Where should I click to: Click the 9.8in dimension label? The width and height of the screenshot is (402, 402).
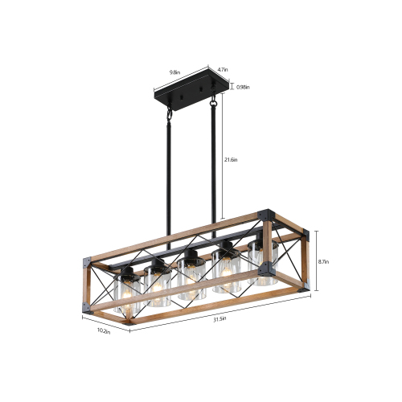[x=174, y=72]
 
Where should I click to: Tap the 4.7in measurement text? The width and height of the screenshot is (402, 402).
[x=223, y=71]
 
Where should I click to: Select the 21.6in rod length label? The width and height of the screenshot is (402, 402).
[x=232, y=159]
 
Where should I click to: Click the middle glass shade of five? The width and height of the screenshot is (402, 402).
[x=190, y=278]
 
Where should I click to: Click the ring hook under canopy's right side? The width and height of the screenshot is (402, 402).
[x=215, y=103]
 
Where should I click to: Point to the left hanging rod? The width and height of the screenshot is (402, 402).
[x=170, y=177]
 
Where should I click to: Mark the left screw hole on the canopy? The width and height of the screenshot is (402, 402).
[x=174, y=96]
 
